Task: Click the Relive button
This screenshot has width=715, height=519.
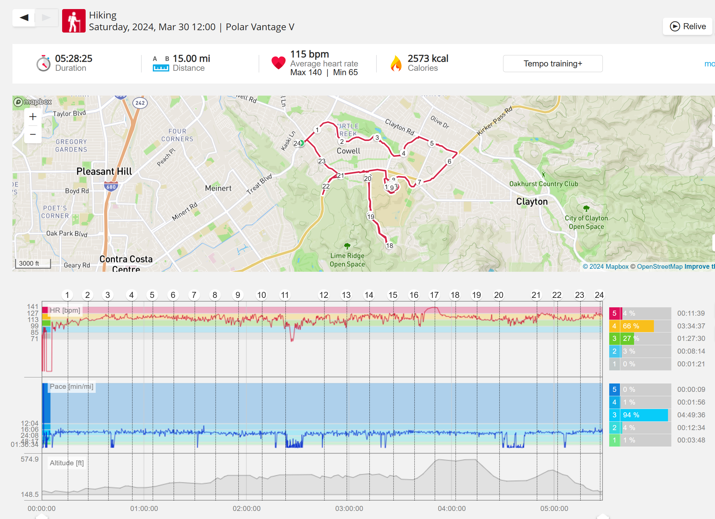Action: click(687, 27)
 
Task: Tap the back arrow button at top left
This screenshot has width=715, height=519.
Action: click(24, 17)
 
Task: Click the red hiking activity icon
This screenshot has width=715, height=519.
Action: click(74, 21)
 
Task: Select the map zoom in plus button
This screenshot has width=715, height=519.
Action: click(33, 117)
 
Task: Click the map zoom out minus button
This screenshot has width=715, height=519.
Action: click(33, 135)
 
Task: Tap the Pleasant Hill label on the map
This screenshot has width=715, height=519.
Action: click(104, 171)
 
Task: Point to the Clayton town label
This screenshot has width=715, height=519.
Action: click(532, 201)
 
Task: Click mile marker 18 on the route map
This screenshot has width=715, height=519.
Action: click(389, 246)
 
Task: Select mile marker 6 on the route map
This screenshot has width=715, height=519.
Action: click(449, 161)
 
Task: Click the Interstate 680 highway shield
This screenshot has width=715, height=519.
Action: click(111, 187)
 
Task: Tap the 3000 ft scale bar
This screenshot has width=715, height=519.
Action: click(33, 263)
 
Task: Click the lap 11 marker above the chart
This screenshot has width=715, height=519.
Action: click(285, 295)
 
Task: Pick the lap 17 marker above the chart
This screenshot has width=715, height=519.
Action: click(434, 295)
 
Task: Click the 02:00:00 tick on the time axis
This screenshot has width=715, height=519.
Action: click(247, 508)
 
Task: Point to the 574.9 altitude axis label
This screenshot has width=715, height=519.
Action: click(30, 459)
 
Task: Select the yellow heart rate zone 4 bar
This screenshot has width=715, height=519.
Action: click(631, 326)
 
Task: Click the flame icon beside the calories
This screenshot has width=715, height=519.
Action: click(396, 63)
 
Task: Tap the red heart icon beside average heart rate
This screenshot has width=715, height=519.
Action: click(278, 63)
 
